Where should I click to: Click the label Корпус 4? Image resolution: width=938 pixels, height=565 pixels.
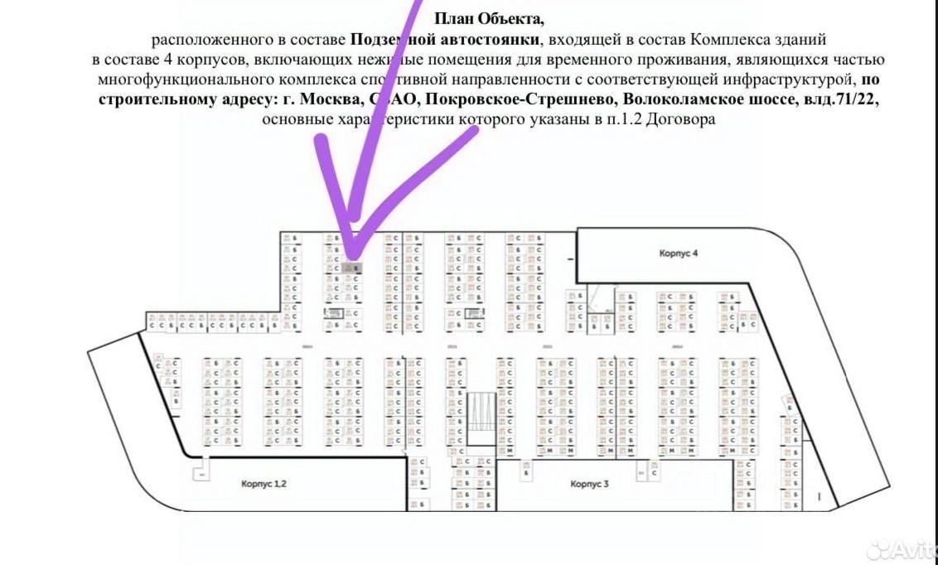[x=679, y=253]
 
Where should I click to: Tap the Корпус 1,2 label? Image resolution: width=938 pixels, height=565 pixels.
[x=264, y=483]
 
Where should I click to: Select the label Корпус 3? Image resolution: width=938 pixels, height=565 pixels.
[x=590, y=483]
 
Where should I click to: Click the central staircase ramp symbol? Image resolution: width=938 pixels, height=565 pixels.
[x=481, y=418]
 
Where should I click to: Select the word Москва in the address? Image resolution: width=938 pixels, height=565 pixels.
[x=323, y=99]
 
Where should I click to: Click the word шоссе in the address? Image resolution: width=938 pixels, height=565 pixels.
[x=771, y=99]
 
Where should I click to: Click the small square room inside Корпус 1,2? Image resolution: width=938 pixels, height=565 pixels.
[x=199, y=474]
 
